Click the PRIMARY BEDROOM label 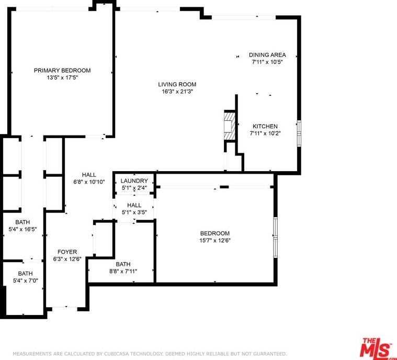click(x=62, y=71)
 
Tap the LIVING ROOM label click(x=177, y=84)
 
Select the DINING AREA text click(x=267, y=55)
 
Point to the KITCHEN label click(x=265, y=126)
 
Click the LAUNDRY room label click(x=134, y=181)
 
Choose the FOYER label click(x=67, y=252)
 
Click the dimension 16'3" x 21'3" click(x=177, y=92)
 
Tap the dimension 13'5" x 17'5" click(x=62, y=77)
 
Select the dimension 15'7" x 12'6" click(x=215, y=240)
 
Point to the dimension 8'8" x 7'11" click(x=123, y=272)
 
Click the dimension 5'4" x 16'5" click(x=23, y=229)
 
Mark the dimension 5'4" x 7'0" click(x=25, y=280)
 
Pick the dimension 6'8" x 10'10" click(x=89, y=182)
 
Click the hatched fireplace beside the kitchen click(x=230, y=126)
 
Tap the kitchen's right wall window click(x=299, y=133)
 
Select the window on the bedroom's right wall click(x=276, y=238)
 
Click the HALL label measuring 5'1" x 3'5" click(x=134, y=205)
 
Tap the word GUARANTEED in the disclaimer click(x=271, y=354)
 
